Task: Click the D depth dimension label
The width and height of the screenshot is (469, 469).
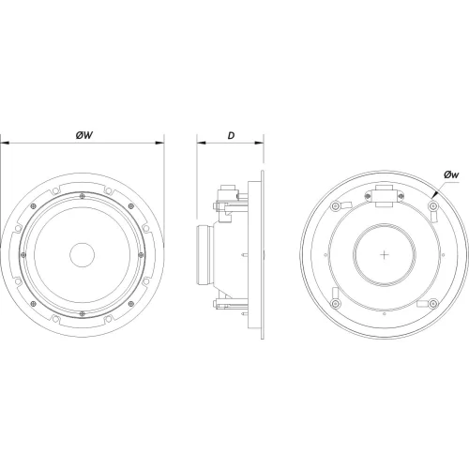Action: pyautogui.click(x=231, y=135)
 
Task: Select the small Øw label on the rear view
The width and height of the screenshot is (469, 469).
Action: pyautogui.click(x=450, y=174)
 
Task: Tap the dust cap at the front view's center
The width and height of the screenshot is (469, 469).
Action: pyautogui.click(x=83, y=254)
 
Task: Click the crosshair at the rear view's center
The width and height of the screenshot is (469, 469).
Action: pyautogui.click(x=385, y=254)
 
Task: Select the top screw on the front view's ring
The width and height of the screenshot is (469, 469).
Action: pyautogui.click(x=83, y=194)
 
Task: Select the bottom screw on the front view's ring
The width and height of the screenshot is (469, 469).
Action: pyautogui.click(x=83, y=314)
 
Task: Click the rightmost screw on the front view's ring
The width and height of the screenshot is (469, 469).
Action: pyautogui.click(x=143, y=254)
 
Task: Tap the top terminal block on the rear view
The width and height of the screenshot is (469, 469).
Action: pyautogui.click(x=385, y=195)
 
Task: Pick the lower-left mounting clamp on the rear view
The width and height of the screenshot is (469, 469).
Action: pyautogui.click(x=335, y=305)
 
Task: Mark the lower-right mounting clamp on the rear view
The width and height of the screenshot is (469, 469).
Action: pyautogui.click(x=433, y=305)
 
